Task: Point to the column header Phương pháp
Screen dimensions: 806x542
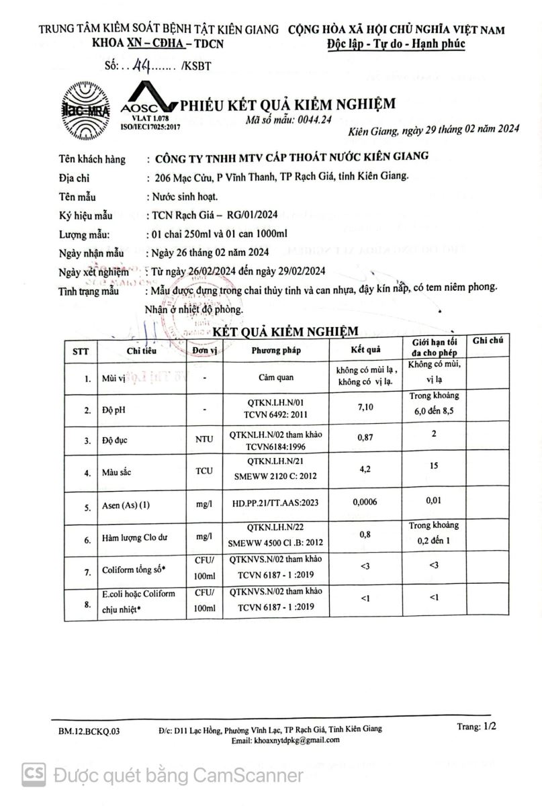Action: point(276,350)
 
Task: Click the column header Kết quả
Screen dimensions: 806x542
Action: point(365,350)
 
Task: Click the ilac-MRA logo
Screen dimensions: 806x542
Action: point(85,110)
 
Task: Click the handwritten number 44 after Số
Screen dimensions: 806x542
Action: point(142,66)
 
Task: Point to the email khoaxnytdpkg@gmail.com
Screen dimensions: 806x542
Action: point(285,740)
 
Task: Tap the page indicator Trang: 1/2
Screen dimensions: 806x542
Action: point(477,726)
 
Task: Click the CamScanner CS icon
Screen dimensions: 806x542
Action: point(33,775)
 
